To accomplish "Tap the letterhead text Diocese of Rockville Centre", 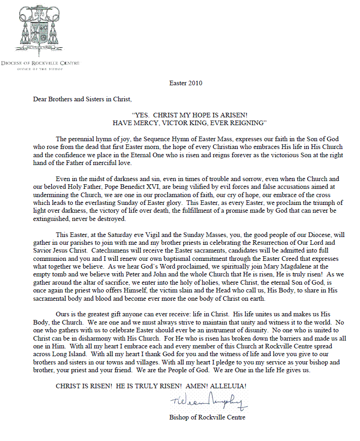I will coord(40,63).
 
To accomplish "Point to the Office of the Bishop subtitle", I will coord(40,69).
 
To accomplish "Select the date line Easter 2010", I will coord(186,83).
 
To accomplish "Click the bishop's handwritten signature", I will coord(209,402).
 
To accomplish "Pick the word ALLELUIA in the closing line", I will coord(227,386).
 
